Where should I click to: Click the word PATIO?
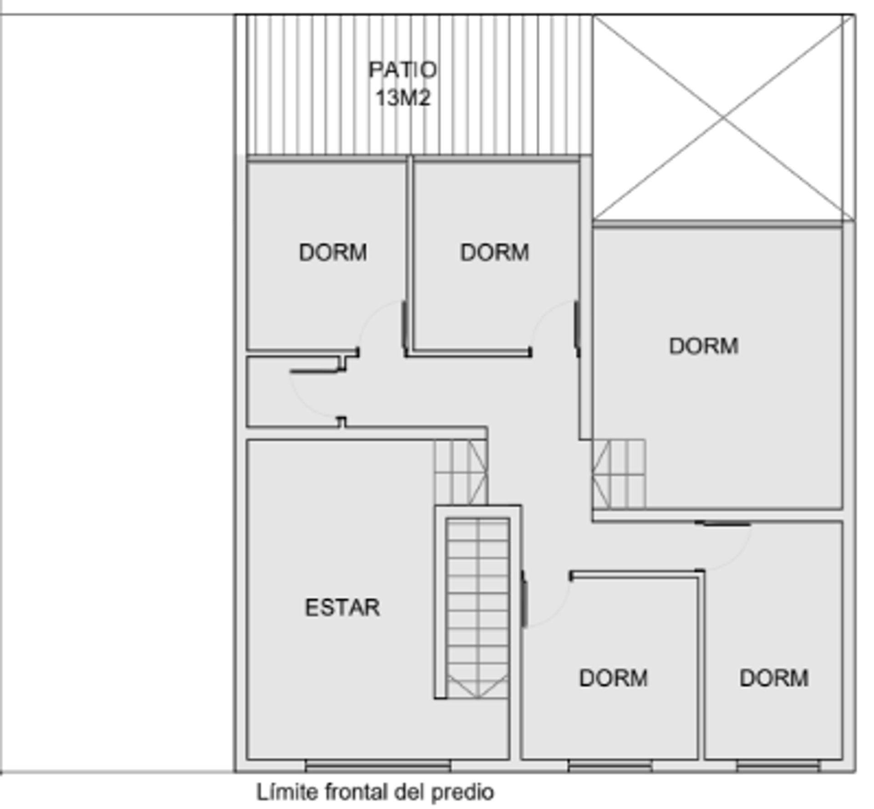[x=402, y=70]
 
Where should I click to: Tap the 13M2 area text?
[x=403, y=97]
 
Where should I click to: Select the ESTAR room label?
[x=342, y=608]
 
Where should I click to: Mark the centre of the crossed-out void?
[x=724, y=118]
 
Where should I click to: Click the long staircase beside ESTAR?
[x=478, y=609]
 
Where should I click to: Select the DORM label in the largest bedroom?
[x=704, y=346]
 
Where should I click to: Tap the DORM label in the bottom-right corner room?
[x=774, y=678]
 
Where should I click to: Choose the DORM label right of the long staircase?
[x=613, y=678]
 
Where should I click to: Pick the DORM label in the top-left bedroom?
[x=333, y=252]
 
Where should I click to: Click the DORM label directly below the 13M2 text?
[x=494, y=252]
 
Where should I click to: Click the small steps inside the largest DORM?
[x=619, y=474]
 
